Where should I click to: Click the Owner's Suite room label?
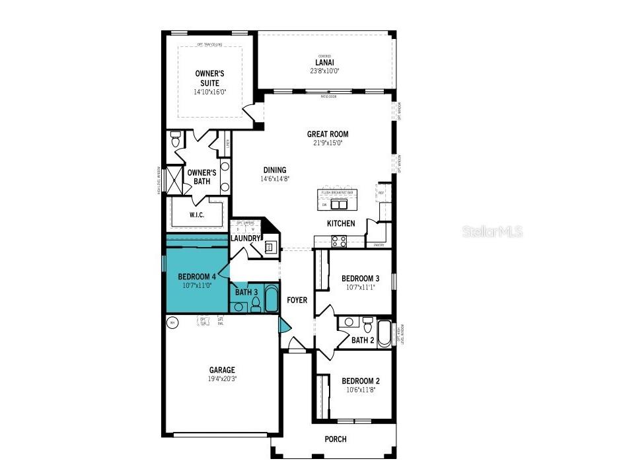pos(209,78)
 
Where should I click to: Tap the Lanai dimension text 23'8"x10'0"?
pos(324,71)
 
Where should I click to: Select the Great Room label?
pos(327,134)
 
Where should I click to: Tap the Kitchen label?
pos(341,223)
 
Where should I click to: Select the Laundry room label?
pos(245,238)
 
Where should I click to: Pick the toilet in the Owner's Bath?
pos(175,140)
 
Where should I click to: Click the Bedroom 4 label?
pos(196,276)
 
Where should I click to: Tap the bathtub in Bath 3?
pos(271,299)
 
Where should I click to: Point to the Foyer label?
pos(297,300)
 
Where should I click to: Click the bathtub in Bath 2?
pos(384,334)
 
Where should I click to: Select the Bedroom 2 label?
pos(360,381)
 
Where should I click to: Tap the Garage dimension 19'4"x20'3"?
pos(222,379)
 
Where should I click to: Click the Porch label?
pos(335,439)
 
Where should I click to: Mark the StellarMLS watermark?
pos(492,231)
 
